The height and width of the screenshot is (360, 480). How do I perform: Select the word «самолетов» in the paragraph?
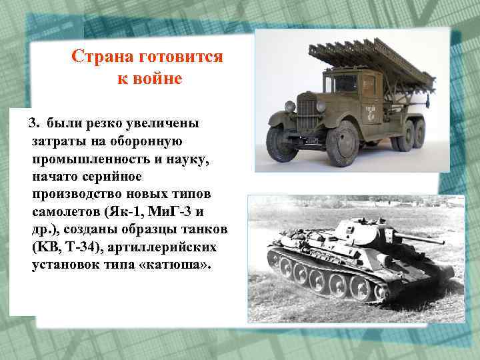coord(64,213)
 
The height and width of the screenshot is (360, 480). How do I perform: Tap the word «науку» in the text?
coord(175,160)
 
